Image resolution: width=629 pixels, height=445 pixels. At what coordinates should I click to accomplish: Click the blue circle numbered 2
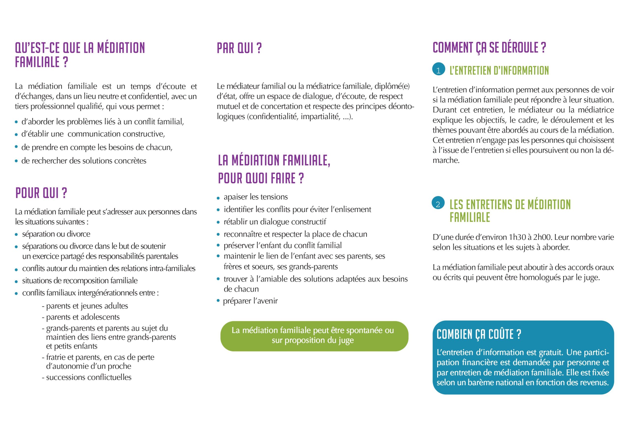point(438,204)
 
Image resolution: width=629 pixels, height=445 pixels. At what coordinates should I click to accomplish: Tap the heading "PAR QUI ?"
point(239,48)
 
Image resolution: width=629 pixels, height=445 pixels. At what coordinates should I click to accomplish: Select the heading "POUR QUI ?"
point(41,193)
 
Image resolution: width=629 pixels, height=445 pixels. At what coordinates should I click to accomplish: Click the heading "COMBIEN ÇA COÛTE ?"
point(479,334)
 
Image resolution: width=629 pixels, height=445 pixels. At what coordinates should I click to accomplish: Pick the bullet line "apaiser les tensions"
point(255,197)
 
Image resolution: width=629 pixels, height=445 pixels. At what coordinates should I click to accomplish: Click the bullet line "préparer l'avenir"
point(250,301)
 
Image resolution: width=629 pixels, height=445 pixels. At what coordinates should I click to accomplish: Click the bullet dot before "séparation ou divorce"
point(16,235)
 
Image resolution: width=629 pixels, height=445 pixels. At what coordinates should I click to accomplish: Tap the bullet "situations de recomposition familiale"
point(80,281)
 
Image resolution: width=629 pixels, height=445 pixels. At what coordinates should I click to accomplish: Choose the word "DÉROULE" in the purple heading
point(520,48)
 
